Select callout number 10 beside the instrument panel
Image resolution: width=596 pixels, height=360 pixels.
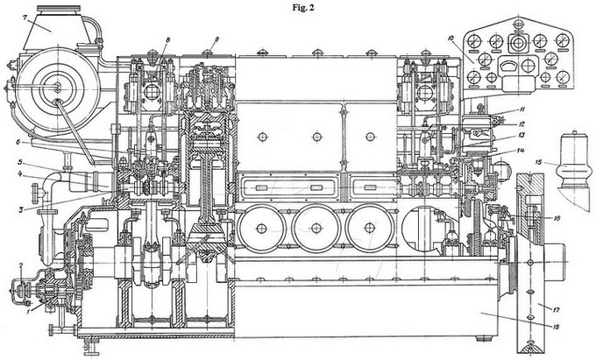pos(450,39)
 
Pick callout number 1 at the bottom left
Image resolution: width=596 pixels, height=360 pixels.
pos(27,308)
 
